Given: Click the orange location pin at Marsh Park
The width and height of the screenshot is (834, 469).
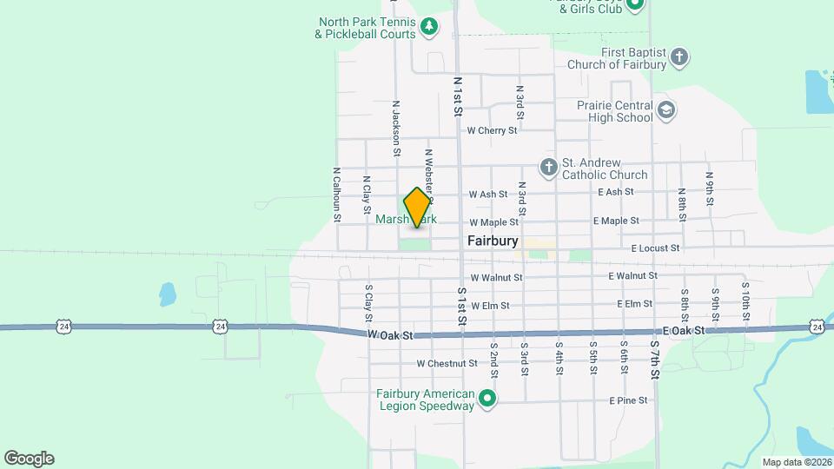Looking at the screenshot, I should pyautogui.click(x=417, y=208).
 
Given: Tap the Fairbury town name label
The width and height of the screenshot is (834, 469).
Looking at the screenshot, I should pyautogui.click(x=493, y=241).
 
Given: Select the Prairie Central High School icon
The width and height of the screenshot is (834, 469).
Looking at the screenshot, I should pyautogui.click(x=666, y=109).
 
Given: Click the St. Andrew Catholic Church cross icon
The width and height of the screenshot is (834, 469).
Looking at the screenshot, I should pyautogui.click(x=548, y=166).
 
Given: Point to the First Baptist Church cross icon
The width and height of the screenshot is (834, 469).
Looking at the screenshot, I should pyautogui.click(x=680, y=57).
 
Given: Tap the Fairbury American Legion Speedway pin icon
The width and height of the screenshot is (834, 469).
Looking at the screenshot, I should pyautogui.click(x=488, y=400).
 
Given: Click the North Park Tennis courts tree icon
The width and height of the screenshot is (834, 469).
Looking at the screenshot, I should pyautogui.click(x=429, y=28).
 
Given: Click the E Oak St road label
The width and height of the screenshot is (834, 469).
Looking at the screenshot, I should pyautogui.click(x=683, y=331).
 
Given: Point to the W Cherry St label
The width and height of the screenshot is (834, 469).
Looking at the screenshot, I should pyautogui.click(x=492, y=130).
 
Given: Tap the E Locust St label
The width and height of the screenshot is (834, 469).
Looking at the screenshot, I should pyautogui.click(x=655, y=248).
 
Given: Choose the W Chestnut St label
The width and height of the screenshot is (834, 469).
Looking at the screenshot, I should pyautogui.click(x=447, y=363).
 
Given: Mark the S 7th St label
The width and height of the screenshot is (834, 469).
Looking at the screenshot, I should pyautogui.click(x=655, y=360).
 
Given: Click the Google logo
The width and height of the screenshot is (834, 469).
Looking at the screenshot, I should pyautogui.click(x=29, y=459).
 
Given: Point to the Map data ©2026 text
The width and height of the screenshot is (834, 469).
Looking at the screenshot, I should pyautogui.click(x=796, y=462).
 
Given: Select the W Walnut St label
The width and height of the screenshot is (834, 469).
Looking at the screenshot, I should pyautogui.click(x=496, y=277).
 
